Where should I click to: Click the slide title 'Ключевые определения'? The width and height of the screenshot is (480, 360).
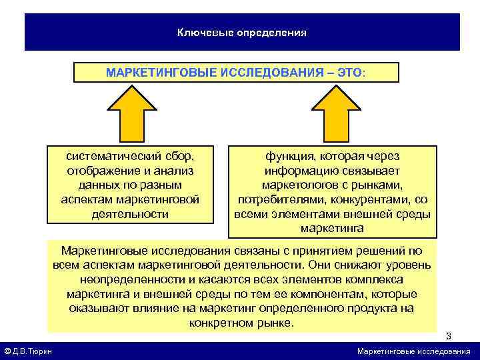(241, 32)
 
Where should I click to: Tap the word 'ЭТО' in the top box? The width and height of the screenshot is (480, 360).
(347, 72)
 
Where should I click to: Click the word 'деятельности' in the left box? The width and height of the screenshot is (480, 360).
(130, 215)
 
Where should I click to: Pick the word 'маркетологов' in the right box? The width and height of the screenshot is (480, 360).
(298, 185)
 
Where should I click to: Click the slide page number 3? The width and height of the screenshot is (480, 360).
(449, 335)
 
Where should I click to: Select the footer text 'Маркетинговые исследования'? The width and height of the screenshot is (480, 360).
(413, 351)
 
